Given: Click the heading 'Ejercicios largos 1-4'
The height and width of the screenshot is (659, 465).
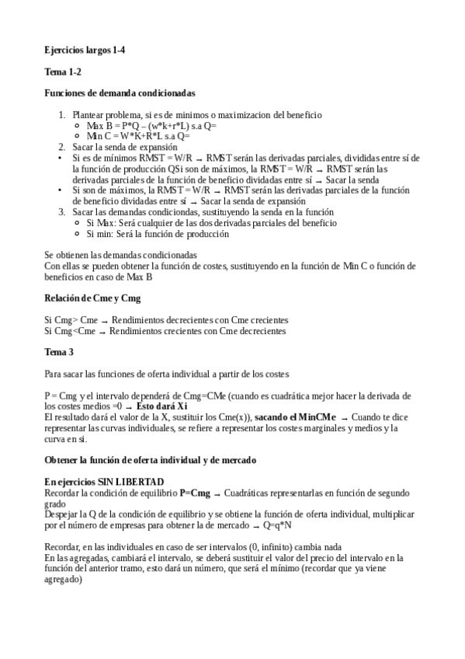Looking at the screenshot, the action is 85,50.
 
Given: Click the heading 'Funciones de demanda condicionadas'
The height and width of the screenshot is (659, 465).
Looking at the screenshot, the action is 120,93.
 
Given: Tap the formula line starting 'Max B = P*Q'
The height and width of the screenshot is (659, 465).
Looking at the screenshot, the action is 151,125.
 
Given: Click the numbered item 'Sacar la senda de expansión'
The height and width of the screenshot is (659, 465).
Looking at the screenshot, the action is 120,146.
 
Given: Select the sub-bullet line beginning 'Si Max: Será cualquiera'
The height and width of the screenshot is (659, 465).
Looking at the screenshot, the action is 211,222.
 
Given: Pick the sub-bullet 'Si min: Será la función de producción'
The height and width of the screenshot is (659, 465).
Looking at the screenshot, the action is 158,233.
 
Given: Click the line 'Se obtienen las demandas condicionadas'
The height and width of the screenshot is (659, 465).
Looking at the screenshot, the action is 120,255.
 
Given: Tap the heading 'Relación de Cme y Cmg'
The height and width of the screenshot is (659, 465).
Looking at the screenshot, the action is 92,298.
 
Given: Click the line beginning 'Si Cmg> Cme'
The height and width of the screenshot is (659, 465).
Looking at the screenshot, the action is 166,320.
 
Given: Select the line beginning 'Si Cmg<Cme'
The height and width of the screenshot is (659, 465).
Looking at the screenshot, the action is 165,330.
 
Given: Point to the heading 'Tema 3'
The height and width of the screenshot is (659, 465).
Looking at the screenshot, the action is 59,352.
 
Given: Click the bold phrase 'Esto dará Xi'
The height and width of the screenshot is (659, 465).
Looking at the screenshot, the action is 161,406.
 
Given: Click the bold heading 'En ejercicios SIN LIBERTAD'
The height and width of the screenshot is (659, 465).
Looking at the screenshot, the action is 104,482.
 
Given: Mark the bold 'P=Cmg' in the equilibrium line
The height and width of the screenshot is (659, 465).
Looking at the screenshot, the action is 195,493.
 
